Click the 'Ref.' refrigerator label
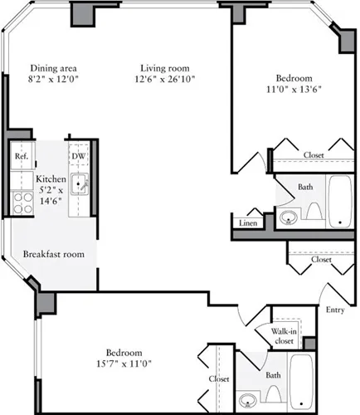[21, 156]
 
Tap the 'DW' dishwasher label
[77, 156]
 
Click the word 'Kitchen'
[51, 178]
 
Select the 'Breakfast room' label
[51, 253]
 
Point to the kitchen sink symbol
[79, 183]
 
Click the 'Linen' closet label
[247, 223]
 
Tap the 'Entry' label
[336, 310]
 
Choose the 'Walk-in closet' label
[283, 336]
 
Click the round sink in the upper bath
[288, 218]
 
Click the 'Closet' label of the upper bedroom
[314, 154]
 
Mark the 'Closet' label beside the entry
[321, 260]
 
